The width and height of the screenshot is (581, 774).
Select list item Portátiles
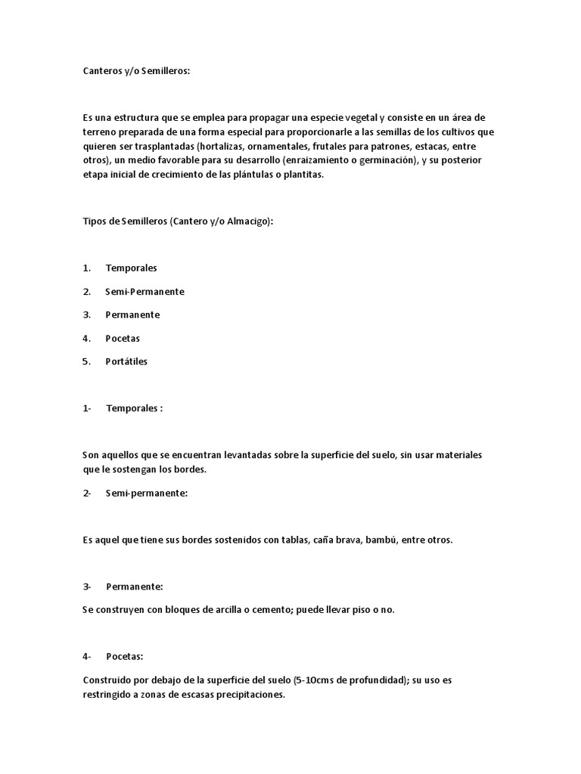(126, 361)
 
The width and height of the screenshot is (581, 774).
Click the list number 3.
(86, 314)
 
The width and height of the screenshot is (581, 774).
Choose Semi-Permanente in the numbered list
(144, 291)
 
